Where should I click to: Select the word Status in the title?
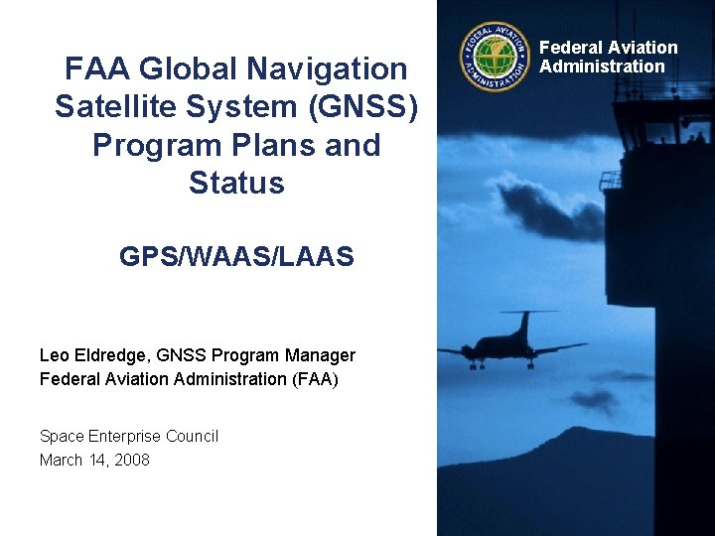coord(236,184)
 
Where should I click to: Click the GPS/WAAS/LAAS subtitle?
coord(236,258)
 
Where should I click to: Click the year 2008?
coord(131,460)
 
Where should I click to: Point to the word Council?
coord(192,437)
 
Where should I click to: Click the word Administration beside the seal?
coord(602,67)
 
